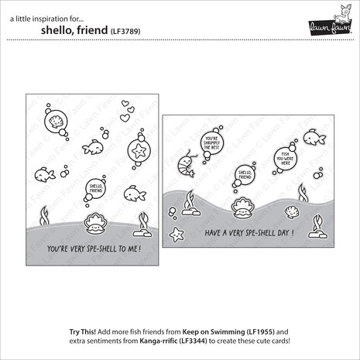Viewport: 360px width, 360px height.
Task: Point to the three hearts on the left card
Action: tap(118, 114)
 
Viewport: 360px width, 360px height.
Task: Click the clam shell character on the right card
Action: tap(241, 206)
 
